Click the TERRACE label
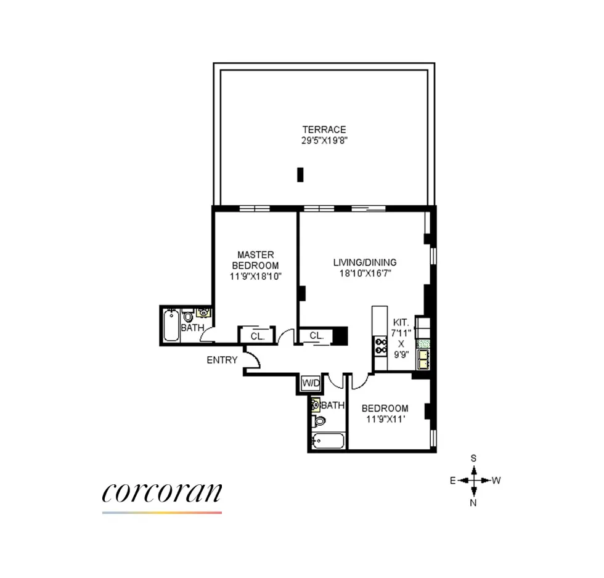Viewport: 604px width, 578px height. pos(324,129)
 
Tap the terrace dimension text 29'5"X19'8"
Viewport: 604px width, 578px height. pos(324,140)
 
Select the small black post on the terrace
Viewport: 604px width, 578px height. pos(301,174)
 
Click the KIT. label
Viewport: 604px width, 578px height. pos(401,322)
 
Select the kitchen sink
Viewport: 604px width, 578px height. pos(423,358)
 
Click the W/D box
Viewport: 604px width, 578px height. pos(311,383)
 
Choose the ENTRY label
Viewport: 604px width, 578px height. pos(222,360)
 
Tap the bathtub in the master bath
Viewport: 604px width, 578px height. pos(170,324)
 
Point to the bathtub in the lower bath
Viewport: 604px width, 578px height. pos(326,441)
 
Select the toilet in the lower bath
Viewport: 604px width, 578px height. pos(318,421)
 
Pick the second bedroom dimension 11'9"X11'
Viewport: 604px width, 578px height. pos(385,419)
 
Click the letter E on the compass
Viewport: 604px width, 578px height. pos(452,481)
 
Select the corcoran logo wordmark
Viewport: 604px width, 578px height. pos(162,493)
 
